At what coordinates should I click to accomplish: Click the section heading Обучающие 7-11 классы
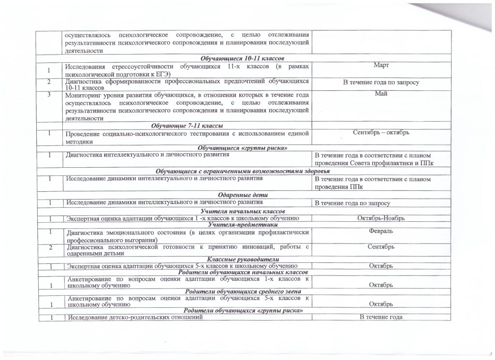coord(184,125)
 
